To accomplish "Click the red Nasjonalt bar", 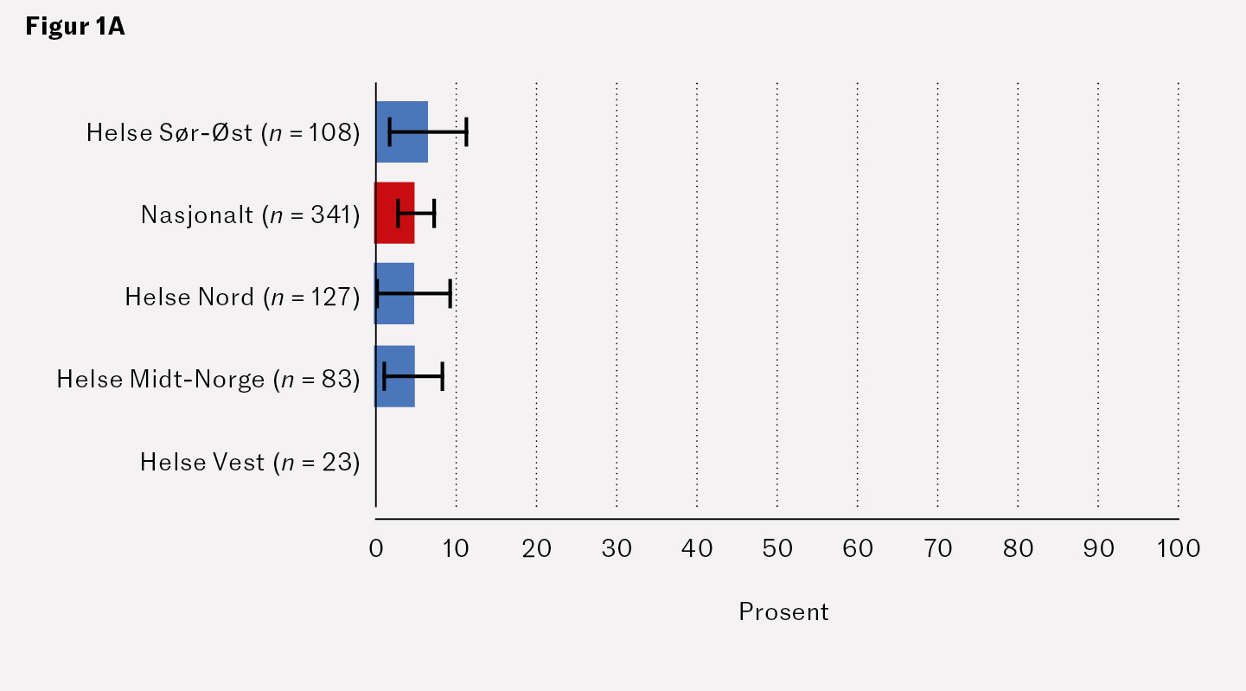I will tap(394, 213).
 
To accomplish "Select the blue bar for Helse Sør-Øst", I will tap(401, 131).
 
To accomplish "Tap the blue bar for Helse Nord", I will tap(394, 294).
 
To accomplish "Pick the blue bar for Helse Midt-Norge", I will tap(394, 376).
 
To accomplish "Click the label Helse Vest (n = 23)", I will tap(249, 463).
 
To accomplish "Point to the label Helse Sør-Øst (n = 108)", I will tap(222, 132).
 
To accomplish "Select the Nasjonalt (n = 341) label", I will tap(250, 214).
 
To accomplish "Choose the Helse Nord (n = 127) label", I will tap(241, 297).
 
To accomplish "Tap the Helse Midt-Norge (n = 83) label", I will tap(208, 379).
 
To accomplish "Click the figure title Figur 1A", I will tap(75, 27).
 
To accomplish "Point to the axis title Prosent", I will tap(783, 612).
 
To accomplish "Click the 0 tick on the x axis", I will tap(376, 548).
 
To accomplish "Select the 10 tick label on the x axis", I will tap(456, 548).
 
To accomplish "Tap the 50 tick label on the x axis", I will tap(777, 548).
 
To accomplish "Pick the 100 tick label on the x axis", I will tap(1179, 548).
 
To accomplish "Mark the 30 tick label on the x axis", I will tap(617, 548).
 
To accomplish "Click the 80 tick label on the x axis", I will tap(1018, 548).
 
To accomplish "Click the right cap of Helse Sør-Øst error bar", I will tap(467, 131).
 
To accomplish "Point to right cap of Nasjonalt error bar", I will tap(434, 213).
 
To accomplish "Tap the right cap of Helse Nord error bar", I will tap(450, 294).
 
